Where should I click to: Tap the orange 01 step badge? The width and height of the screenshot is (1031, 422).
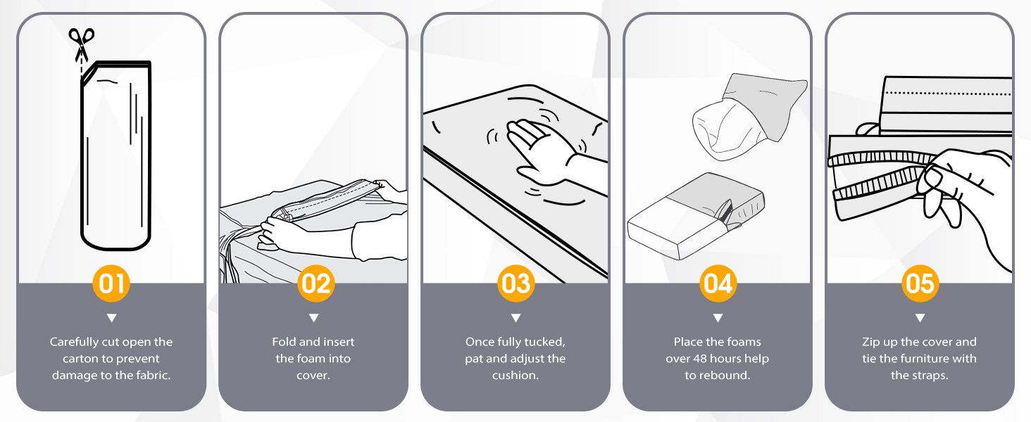pyautogui.click(x=111, y=283)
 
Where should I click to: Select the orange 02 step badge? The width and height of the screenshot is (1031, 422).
pyautogui.click(x=314, y=283)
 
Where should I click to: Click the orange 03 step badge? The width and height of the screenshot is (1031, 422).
pyautogui.click(x=515, y=283)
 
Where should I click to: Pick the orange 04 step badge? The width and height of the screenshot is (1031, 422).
pyautogui.click(x=718, y=283)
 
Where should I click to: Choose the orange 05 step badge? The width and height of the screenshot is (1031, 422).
pyautogui.click(x=920, y=283)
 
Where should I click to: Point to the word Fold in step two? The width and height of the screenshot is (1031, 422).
pyautogui.click(x=284, y=342)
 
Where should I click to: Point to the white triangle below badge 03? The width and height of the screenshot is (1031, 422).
pyautogui.click(x=515, y=318)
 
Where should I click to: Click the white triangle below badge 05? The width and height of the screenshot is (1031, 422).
pyautogui.click(x=920, y=318)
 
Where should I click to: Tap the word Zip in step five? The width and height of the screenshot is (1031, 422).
pyautogui.click(x=872, y=342)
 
